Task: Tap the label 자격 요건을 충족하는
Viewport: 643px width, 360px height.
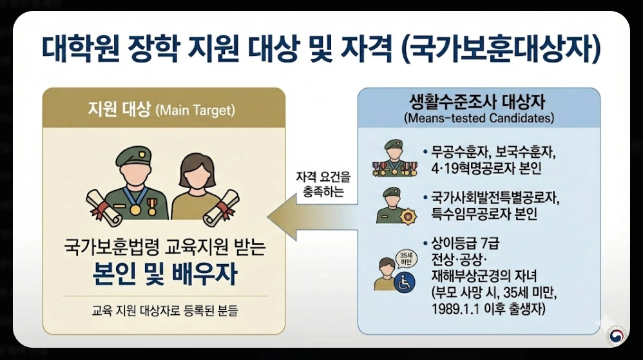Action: pos(324,184)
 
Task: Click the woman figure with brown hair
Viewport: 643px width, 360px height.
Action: pos(197,187)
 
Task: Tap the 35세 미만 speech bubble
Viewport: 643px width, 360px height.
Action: pos(405,256)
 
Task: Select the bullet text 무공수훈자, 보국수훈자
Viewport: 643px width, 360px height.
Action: pos(493,155)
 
